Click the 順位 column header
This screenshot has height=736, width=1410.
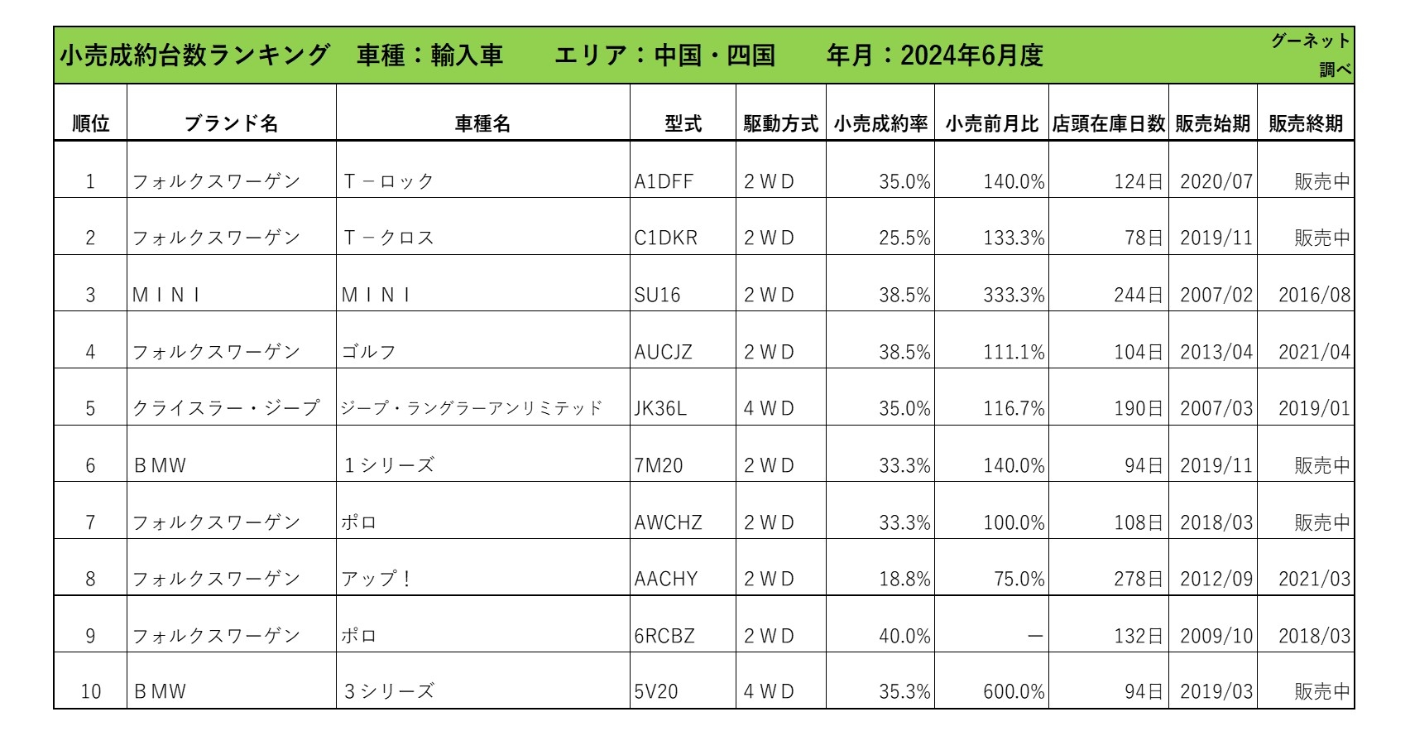(90, 123)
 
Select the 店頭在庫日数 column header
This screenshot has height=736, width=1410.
(1108, 123)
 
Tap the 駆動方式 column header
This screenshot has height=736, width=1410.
(780, 123)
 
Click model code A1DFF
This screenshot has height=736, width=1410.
(664, 181)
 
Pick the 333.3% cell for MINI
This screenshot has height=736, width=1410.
(1014, 295)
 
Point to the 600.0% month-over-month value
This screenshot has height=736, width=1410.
(1014, 691)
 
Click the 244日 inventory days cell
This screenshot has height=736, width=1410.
(1138, 295)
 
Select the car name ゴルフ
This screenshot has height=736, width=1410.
(369, 352)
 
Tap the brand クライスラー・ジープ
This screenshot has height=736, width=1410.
(226, 408)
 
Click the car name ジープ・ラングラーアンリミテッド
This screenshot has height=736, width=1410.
(472, 408)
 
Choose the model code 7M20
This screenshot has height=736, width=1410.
(659, 465)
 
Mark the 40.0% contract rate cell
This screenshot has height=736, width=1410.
(904, 636)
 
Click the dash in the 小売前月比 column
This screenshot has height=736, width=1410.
(1034, 636)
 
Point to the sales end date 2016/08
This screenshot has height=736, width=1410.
(1314, 295)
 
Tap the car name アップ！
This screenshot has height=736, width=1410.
(376, 579)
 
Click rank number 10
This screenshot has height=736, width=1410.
(90, 691)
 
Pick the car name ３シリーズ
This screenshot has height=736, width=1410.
(389, 691)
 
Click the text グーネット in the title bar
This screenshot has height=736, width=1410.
(1311, 41)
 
